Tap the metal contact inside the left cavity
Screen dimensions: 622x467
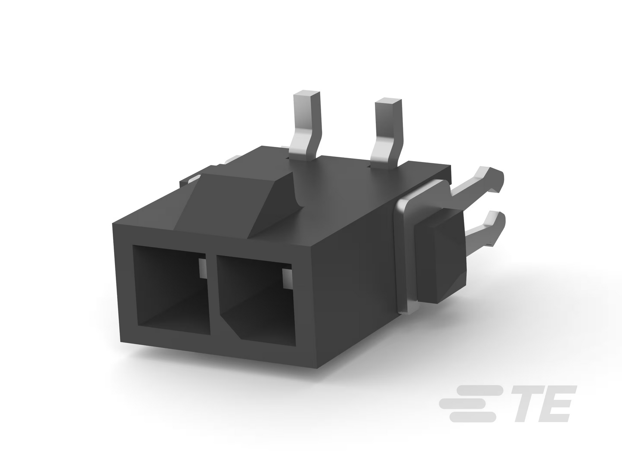[202, 268]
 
